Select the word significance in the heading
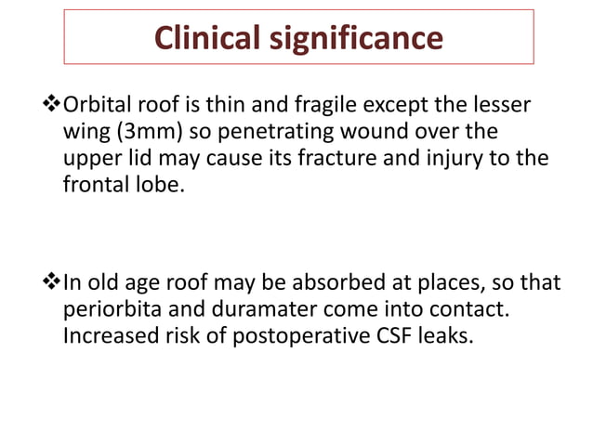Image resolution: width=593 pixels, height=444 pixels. [x=357, y=38]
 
